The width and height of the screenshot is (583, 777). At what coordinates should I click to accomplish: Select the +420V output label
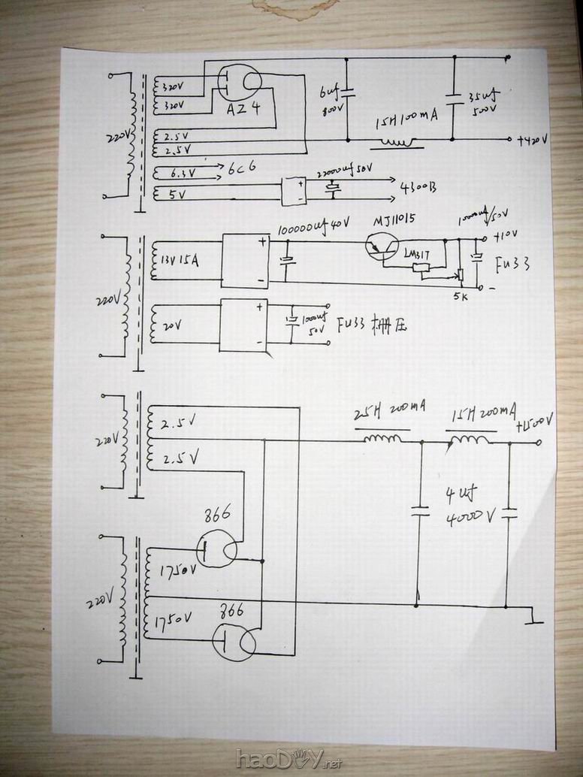click(x=534, y=141)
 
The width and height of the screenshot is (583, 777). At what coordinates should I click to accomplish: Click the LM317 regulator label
click(x=417, y=254)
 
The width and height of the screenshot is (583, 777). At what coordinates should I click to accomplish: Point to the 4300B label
click(x=419, y=186)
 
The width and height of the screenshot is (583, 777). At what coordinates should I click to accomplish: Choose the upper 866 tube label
click(x=218, y=516)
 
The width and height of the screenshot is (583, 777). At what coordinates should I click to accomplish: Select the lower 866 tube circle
click(x=234, y=642)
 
